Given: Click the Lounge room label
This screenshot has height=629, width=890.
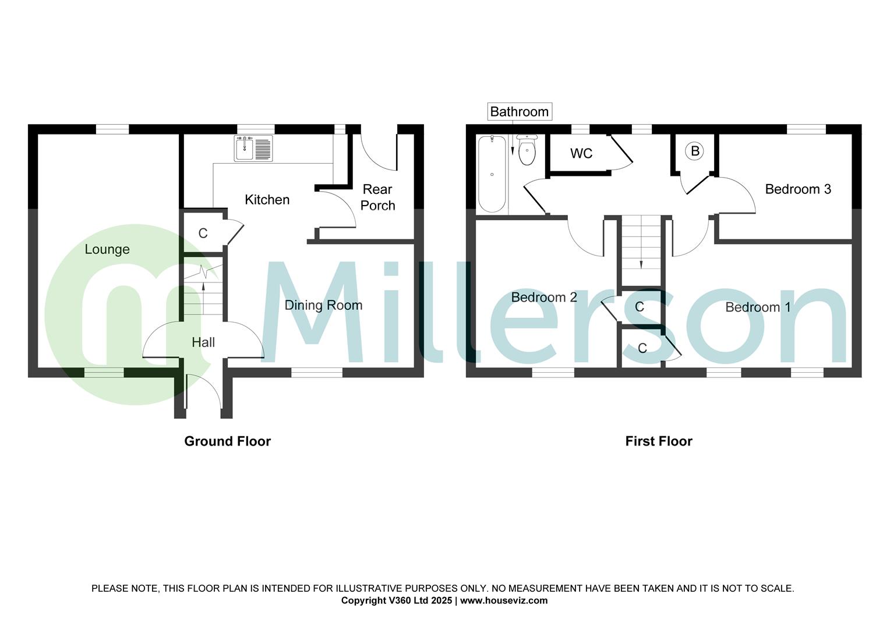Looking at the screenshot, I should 107,249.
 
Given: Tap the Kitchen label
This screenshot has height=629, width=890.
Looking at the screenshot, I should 267,200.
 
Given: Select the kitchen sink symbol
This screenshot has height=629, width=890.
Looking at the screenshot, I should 253,148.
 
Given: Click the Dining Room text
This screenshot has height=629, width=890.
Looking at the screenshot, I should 323,305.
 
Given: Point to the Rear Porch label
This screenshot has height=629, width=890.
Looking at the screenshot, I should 377,197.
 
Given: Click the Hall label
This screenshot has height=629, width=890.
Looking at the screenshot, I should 203,342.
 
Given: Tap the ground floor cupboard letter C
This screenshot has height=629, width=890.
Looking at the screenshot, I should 203,234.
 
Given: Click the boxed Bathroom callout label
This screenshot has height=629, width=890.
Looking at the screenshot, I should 519,111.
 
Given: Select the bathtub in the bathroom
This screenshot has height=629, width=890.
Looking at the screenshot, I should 492,174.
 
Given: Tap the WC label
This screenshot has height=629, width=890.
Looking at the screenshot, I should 581,153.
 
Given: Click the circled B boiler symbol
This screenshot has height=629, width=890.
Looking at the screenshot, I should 694,151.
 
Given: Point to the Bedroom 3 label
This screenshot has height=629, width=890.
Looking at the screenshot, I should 797,189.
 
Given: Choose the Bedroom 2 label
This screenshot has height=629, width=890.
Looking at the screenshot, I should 544,298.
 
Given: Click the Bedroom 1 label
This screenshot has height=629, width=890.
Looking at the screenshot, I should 758,307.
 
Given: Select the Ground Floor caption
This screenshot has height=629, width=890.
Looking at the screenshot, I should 227,441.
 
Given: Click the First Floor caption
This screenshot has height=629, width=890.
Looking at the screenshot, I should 659,441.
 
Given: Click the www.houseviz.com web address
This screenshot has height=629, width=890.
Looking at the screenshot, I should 504,600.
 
